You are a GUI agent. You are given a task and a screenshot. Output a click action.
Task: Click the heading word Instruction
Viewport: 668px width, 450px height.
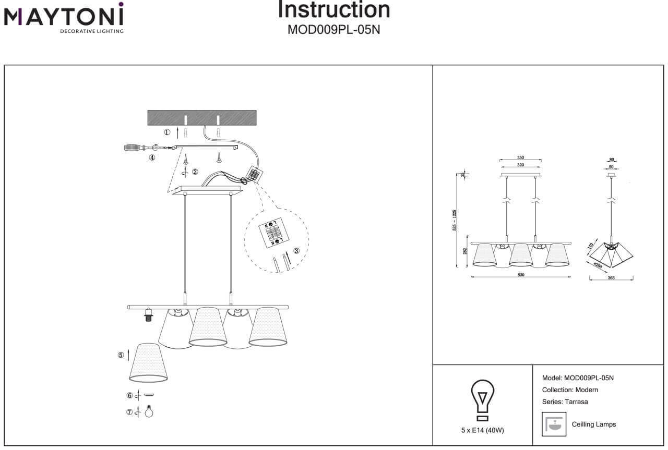pyautogui.click(x=333, y=10)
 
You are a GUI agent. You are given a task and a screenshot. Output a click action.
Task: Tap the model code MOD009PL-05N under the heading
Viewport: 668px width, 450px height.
pyautogui.click(x=333, y=30)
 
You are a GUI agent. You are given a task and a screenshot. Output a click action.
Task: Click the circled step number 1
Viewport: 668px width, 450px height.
pyautogui.click(x=167, y=132)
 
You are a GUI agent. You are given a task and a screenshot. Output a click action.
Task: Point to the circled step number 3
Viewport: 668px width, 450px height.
pyautogui.click(x=296, y=251)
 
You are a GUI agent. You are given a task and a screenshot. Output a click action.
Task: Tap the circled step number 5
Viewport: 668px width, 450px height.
pyautogui.click(x=121, y=355)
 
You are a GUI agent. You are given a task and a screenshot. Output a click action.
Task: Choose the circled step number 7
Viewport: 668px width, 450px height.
pyautogui.click(x=129, y=412)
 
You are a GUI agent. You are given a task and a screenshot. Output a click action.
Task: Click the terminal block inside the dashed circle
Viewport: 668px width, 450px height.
pyautogui.click(x=275, y=232)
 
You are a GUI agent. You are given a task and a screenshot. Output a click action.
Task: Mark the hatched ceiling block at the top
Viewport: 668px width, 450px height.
pyautogui.click(x=202, y=118)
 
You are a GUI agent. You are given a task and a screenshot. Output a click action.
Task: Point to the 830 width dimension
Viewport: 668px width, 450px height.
pyautogui.click(x=521, y=275)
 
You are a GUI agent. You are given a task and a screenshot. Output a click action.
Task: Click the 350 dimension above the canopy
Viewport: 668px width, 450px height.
pyautogui.click(x=520, y=157)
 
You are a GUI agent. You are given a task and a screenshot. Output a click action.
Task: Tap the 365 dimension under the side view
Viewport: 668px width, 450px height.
pyautogui.click(x=611, y=278)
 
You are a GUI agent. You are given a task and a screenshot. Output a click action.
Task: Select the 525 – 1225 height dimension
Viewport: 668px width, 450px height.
pyautogui.click(x=455, y=221)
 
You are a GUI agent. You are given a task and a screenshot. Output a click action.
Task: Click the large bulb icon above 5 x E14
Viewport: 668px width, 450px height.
pyautogui.click(x=483, y=399)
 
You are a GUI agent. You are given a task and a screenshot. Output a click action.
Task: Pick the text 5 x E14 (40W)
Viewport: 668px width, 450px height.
pyautogui.click(x=483, y=430)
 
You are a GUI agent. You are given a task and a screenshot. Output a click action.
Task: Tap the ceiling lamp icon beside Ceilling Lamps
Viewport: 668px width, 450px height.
pyautogui.click(x=554, y=424)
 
